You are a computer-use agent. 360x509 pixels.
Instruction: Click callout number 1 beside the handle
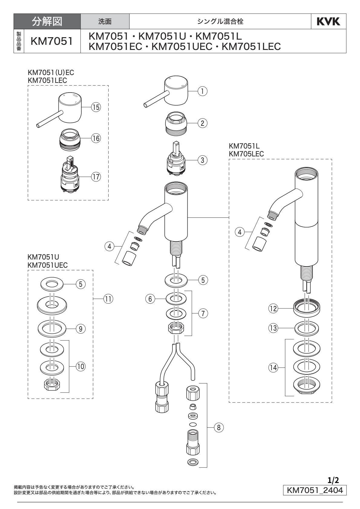[203, 90]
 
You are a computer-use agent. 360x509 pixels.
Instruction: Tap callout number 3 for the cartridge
[203, 161]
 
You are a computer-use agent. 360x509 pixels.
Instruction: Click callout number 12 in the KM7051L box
[273, 309]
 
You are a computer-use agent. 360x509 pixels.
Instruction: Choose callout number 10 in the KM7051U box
[80, 366]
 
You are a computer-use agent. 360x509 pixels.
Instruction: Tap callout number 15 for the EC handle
[96, 107]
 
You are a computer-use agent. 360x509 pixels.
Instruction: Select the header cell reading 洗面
[105, 21]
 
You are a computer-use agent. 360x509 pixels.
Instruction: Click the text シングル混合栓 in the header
[220, 21]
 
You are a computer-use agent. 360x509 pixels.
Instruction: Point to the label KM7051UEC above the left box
[47, 265]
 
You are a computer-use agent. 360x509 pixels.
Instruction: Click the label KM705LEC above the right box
[247, 154]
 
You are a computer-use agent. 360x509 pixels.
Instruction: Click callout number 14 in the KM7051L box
[273, 368]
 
